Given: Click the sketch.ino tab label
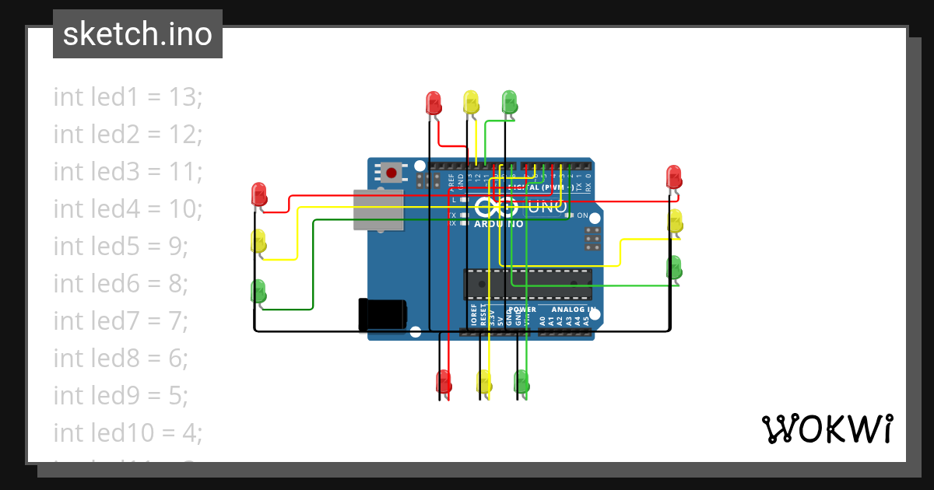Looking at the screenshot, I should [x=138, y=34].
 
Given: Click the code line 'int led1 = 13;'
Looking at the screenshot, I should [x=128, y=97].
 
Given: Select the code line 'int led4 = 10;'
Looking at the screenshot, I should [x=128, y=209].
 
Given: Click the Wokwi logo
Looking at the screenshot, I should [x=827, y=429].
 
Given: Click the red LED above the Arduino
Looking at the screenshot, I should [x=434, y=102].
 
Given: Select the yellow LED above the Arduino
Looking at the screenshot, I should [x=471, y=101].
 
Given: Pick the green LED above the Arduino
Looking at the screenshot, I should [x=509, y=101].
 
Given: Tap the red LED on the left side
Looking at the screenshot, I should [x=259, y=193].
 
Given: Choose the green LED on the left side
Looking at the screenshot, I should [x=258, y=291].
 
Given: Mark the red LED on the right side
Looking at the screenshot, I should [x=675, y=176].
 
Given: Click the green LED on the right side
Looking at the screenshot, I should [x=675, y=267].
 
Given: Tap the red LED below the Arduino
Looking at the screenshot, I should [x=444, y=382].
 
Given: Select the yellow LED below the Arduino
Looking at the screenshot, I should [x=484, y=382].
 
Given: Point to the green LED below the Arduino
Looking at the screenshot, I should [x=521, y=381].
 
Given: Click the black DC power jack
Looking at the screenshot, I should [x=381, y=313].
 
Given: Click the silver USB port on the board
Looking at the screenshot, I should [x=379, y=210].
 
